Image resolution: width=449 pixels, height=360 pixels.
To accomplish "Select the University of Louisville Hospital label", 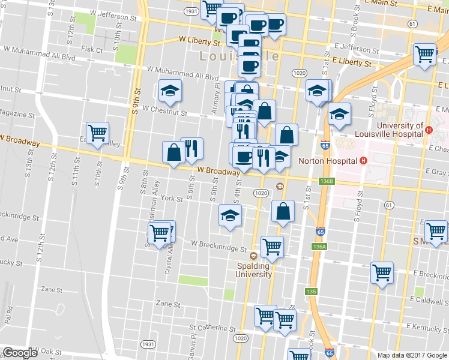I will pos(390,130).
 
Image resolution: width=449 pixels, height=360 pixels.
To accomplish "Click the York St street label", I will pos(171,199).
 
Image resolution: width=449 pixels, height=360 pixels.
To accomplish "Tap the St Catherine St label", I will pos(212,328).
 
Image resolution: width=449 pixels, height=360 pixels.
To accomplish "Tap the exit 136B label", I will pos(327,181).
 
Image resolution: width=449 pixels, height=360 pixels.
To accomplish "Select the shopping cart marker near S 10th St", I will pos(97,132).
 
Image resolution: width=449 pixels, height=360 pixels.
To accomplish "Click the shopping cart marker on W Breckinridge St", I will pos(272,245).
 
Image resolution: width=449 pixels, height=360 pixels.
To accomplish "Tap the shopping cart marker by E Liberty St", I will pos(424,54).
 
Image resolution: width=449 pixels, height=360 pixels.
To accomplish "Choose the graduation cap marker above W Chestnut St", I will pos(170,91).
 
